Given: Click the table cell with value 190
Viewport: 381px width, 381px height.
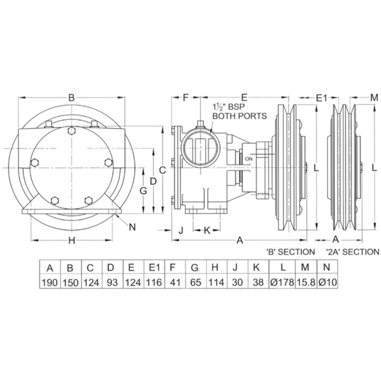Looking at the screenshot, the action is point(50,282).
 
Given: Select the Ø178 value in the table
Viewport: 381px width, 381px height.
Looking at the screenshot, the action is point(282,282).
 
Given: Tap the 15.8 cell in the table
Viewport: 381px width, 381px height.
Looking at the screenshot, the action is point(306,282).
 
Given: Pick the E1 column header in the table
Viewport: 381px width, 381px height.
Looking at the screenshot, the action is point(154,267).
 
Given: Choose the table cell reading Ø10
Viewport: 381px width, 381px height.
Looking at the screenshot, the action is point(328,282).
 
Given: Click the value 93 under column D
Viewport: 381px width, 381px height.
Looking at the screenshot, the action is point(112,282).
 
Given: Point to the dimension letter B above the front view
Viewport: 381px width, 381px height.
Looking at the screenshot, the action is point(71,98).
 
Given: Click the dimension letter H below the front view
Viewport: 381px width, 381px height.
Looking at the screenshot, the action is point(71,241).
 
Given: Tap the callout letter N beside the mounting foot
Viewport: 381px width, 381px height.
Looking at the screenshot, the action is point(132,227).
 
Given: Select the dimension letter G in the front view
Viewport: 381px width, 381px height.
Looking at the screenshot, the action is point(143,191).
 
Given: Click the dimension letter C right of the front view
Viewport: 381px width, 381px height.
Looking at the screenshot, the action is point(162,170).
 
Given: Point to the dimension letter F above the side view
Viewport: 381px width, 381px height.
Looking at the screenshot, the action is point(186,98).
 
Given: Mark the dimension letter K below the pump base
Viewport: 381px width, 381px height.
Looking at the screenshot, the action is point(207,230).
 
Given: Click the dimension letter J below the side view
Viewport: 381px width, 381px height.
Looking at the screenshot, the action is point(181,230).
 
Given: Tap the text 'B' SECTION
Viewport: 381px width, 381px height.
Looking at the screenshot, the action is point(291,252).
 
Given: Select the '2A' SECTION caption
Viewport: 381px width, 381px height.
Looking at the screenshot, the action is point(352,252).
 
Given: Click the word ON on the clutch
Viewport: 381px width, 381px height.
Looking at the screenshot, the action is point(249,159).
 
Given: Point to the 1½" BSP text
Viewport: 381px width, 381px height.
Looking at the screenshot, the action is point(229,107).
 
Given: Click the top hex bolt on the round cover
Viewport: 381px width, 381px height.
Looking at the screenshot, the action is point(71,130).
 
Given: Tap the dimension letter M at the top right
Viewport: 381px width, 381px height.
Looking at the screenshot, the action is point(374,98).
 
